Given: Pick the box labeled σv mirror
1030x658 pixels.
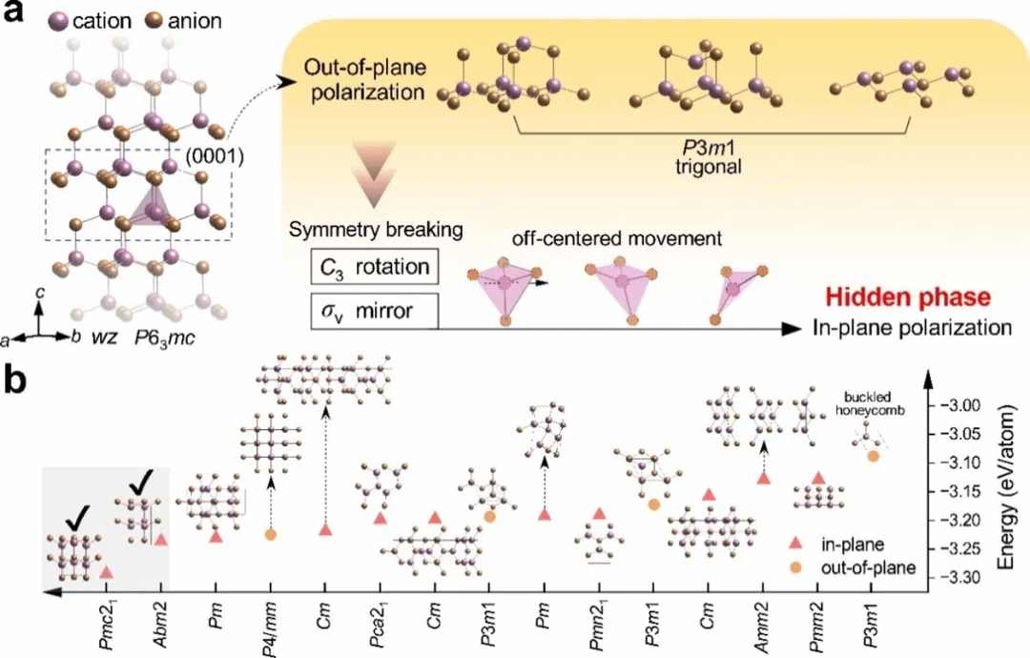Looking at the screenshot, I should (375, 311).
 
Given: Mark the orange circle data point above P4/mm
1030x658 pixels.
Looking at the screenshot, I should (270, 535).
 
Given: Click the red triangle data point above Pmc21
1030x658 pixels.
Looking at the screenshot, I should (107, 572).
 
